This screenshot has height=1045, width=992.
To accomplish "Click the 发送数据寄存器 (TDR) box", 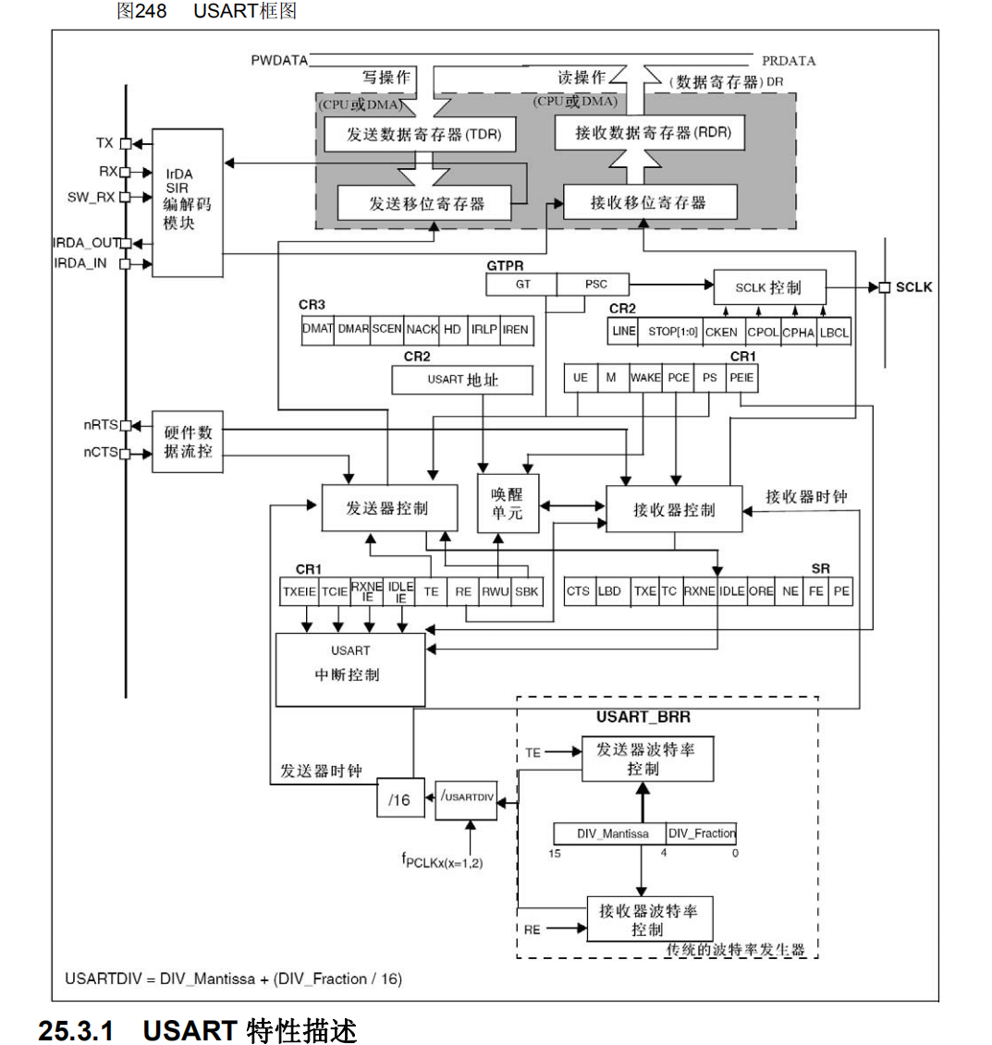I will [x=419, y=135].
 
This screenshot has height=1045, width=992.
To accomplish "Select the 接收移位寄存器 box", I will [x=649, y=202].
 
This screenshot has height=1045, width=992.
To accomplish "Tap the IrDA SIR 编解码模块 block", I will [x=187, y=201].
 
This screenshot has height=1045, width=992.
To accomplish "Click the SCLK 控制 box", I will [x=769, y=287].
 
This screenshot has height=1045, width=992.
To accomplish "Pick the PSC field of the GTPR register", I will [x=595, y=285].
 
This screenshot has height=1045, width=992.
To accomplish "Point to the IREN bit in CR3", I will [x=515, y=329].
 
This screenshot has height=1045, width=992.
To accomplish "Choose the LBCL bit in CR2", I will [x=834, y=333].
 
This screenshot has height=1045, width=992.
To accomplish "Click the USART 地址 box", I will [x=462, y=380].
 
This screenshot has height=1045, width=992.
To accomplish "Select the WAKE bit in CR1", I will [x=645, y=378].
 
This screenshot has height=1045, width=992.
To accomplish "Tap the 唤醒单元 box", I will [x=507, y=504].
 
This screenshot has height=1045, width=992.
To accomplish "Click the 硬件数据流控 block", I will [x=188, y=442].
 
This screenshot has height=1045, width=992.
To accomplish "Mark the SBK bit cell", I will [x=526, y=591].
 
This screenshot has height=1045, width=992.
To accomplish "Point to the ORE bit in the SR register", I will [x=761, y=591].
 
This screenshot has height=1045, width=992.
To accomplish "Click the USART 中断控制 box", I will [x=349, y=669].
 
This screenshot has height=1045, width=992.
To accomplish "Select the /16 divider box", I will [x=399, y=800].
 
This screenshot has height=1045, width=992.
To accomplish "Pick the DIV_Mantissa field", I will [x=609, y=833].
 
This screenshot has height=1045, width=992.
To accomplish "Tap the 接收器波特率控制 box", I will [x=649, y=919].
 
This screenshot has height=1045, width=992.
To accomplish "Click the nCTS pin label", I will [x=101, y=453].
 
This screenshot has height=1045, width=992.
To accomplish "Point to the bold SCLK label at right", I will [x=914, y=287].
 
